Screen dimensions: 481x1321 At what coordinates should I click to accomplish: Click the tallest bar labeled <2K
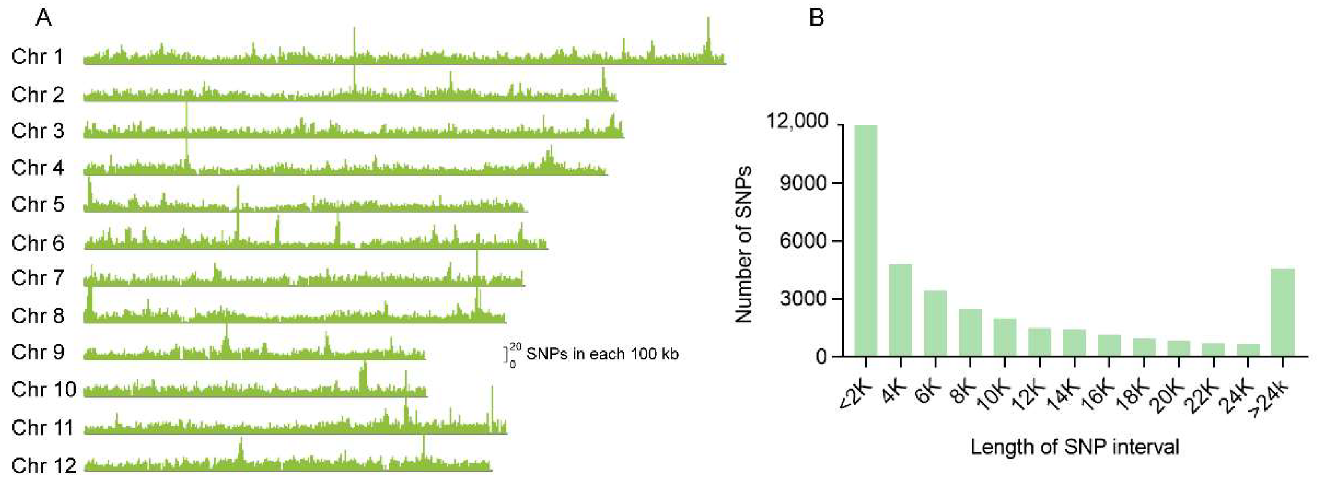[865, 241]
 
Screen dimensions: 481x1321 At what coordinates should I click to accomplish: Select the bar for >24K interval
[1282, 313]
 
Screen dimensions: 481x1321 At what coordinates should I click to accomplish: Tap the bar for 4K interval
[900, 310]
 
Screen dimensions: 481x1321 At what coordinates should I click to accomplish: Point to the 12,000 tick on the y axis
[796, 122]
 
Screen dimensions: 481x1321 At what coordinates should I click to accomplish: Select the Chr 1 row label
[37, 57]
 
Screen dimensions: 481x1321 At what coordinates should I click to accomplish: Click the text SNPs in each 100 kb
[602, 354]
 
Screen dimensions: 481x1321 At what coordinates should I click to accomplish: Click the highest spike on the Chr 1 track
[708, 36]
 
